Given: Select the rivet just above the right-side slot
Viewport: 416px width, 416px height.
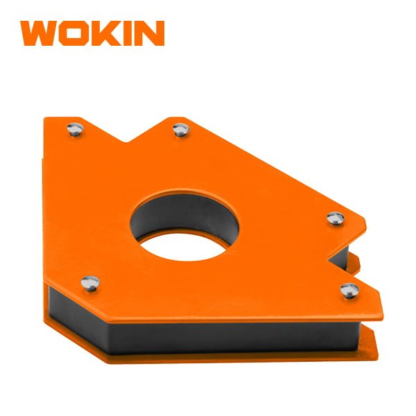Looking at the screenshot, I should pos(336,218).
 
